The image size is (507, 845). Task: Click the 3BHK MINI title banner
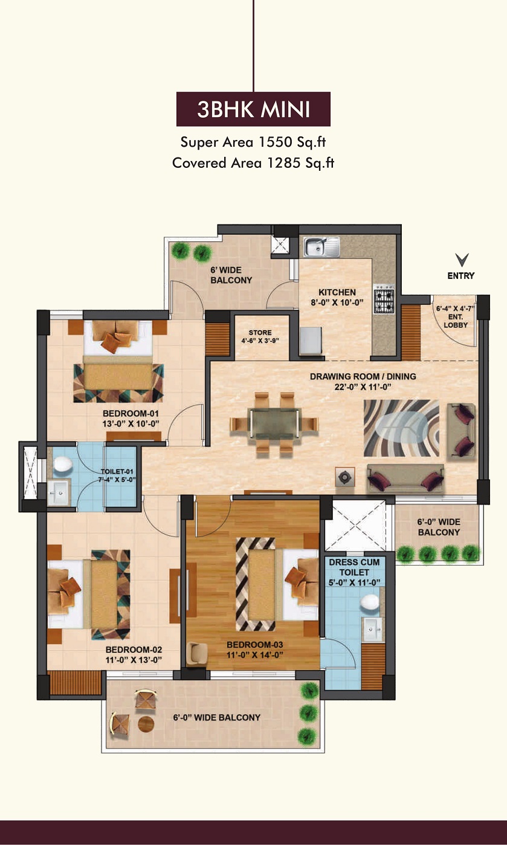tap(253, 109)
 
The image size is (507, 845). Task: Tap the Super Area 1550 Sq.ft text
tap(253, 142)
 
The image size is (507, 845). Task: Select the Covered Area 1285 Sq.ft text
tap(253, 162)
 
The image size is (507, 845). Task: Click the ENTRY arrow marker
tap(462, 261)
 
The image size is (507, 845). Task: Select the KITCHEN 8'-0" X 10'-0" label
tap(337, 298)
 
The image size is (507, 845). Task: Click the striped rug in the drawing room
tap(401, 427)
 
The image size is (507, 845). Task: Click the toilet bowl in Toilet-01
tap(62, 464)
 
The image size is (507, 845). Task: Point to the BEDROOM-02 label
tap(134, 655)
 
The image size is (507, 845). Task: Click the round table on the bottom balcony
tap(146, 724)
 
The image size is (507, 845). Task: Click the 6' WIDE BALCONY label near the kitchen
tap(231, 275)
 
